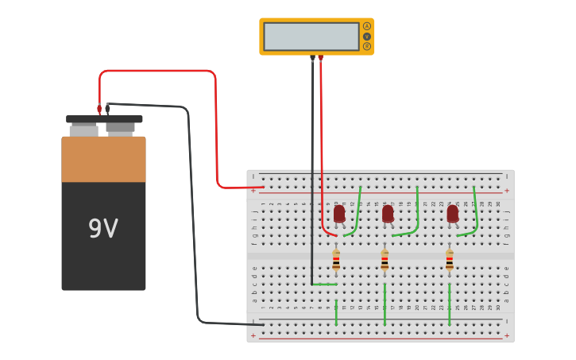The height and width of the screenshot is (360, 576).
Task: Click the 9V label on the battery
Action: [x=103, y=230]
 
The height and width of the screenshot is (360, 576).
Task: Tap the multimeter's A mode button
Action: [x=366, y=26]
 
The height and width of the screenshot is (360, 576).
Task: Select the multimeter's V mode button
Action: [x=366, y=37]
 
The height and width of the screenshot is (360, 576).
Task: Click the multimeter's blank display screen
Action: [x=311, y=37]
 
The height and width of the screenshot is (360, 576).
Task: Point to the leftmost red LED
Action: [x=339, y=214]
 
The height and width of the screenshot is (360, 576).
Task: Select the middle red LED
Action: [x=388, y=214]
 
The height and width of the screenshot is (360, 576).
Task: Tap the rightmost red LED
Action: [x=452, y=214]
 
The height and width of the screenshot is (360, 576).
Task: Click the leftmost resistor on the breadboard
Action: [x=336, y=260]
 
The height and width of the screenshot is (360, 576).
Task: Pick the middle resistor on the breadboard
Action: [x=385, y=260]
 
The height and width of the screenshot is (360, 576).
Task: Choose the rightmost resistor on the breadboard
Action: [x=449, y=260]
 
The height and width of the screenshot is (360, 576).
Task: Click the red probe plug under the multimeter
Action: [x=320, y=58]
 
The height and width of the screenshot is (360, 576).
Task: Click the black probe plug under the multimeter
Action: [x=312, y=58]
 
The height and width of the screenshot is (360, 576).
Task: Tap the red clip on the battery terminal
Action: [x=99, y=109]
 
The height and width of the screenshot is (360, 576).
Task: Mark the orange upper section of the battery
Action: [x=103, y=159]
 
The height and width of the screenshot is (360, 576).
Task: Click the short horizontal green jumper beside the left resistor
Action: [x=324, y=284]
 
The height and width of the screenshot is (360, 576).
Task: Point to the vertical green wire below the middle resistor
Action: [x=385, y=312]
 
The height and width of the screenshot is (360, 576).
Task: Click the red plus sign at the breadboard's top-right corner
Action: [x=507, y=191]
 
